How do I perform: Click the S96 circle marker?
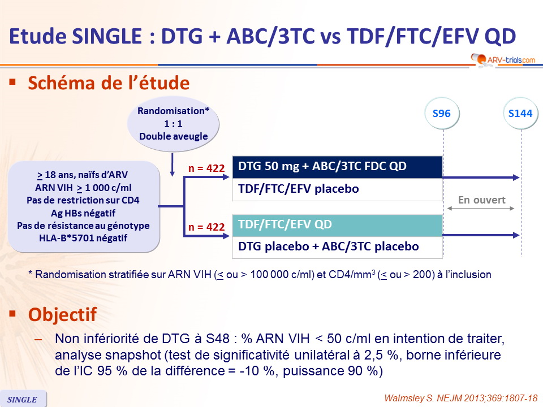[442, 113]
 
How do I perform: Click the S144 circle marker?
[520, 113]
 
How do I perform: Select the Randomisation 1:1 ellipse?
[173, 124]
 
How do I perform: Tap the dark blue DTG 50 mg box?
[337, 166]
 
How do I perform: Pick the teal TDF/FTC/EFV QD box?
[337, 225]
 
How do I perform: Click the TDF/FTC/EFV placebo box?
[337, 189]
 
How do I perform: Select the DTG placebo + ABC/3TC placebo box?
[337, 247]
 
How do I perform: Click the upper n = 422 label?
[206, 168]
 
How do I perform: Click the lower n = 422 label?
[206, 227]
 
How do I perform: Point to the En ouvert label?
[482, 200]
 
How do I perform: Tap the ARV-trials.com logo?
[503, 59]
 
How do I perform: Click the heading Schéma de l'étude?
[109, 83]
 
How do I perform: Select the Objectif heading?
[62, 315]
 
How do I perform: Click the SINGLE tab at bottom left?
[23, 399]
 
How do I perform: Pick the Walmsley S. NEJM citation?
[461, 399]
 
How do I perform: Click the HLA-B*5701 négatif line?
[83, 238]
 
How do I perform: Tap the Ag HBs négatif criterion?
[83, 213]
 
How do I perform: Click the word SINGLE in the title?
[107, 36]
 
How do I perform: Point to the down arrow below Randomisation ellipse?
[172, 164]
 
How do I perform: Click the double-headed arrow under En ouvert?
[481, 209]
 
